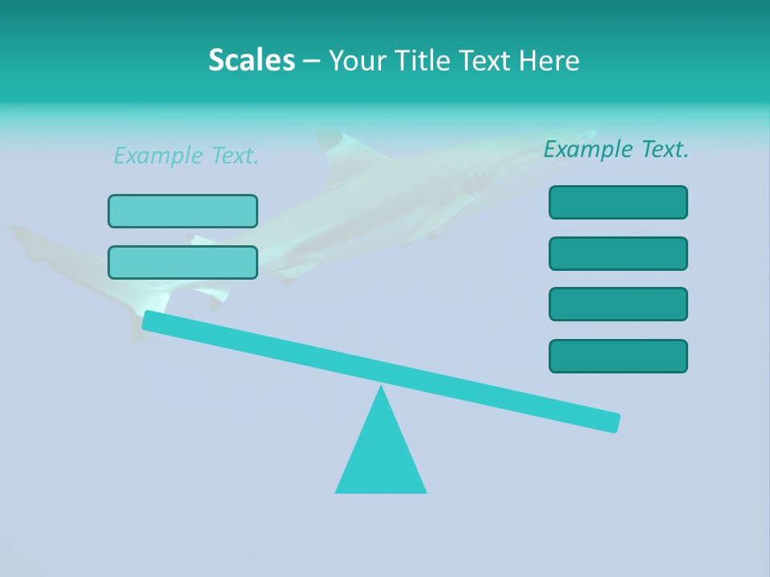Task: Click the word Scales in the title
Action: [x=251, y=61]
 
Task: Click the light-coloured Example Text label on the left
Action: [x=186, y=156]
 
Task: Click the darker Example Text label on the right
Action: [x=616, y=149]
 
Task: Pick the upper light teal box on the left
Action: [x=183, y=211]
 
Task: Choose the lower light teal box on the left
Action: [x=183, y=262]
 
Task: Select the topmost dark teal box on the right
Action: [x=618, y=202]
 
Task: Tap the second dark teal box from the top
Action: [x=618, y=253]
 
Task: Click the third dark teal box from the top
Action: [x=618, y=304]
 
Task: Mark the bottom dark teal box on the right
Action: [x=618, y=356]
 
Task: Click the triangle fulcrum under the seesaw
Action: [x=381, y=457]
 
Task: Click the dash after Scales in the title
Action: [x=311, y=61]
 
